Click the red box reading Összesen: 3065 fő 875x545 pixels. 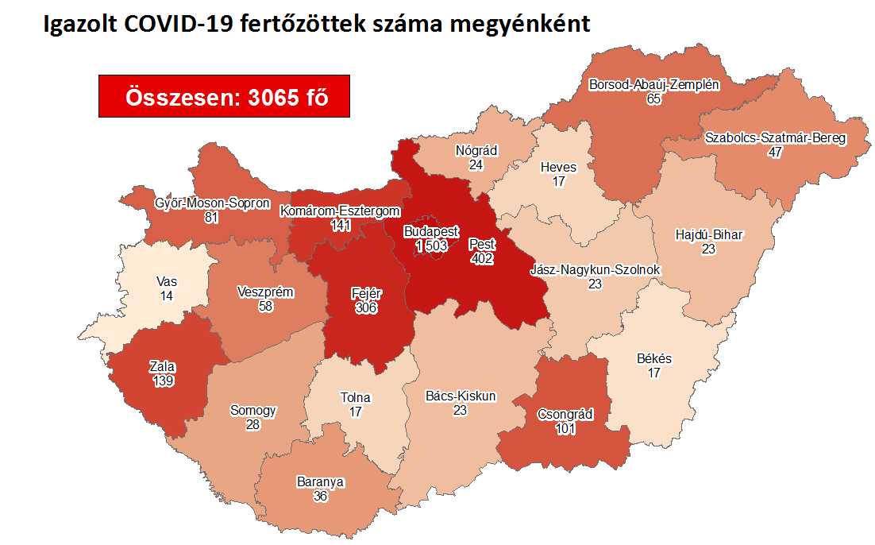(224, 97)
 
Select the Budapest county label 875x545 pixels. (431, 231)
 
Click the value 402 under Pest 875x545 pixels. (481, 258)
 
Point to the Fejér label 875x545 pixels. (367, 294)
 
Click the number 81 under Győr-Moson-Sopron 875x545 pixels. (210, 217)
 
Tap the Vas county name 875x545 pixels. (167, 281)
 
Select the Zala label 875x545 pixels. (162, 367)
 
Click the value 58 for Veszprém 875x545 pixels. (265, 306)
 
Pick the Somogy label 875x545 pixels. (253, 411)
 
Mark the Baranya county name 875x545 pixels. (320, 481)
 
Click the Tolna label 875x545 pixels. (355, 398)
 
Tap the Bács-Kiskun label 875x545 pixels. (461, 396)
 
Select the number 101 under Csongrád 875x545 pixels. (565, 429)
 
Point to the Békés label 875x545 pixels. (653, 358)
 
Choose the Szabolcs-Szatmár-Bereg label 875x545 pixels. (776, 137)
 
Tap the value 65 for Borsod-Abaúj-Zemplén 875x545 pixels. (653, 99)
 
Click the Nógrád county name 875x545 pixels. (476, 150)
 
